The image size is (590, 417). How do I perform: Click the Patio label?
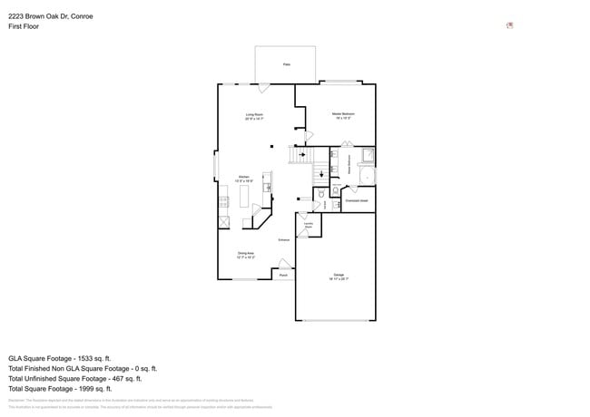click(286, 64)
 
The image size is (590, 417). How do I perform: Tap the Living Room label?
click(254, 116)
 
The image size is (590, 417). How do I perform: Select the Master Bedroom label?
click(342, 116)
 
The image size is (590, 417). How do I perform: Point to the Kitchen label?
click(244, 179)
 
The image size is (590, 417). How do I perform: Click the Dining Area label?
click(246, 255)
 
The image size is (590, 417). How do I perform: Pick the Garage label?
click(338, 276)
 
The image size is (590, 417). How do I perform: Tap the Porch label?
click(283, 274)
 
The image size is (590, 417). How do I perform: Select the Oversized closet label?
click(358, 200)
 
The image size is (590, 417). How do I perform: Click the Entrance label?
click(283, 239)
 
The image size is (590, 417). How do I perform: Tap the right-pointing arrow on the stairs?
click(302, 154)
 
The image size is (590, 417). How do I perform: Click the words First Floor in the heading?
click(24, 26)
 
